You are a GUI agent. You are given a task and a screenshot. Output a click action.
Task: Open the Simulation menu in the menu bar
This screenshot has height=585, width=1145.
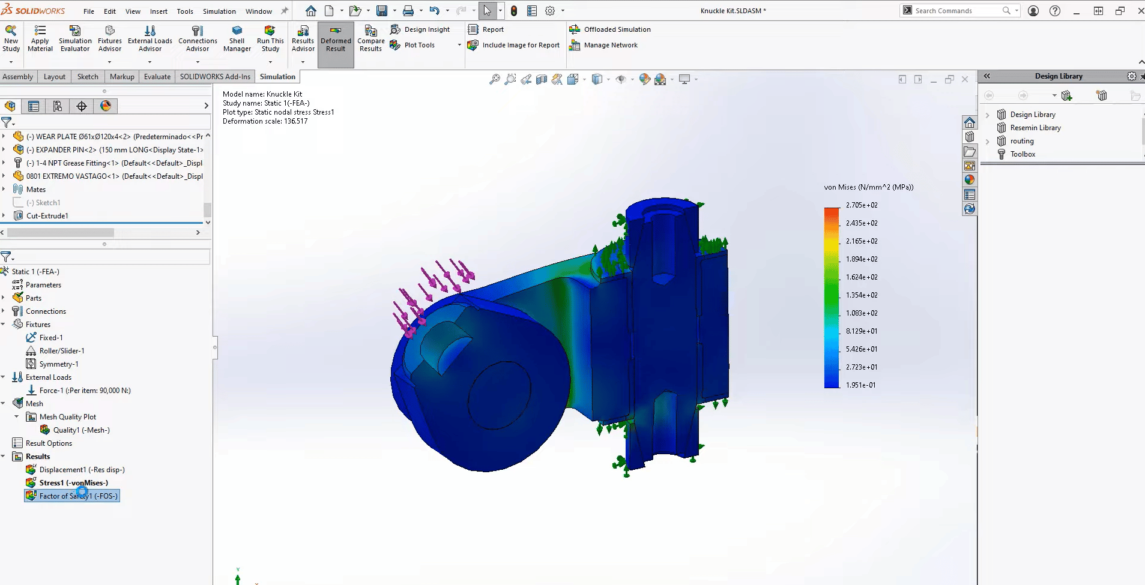[x=219, y=11]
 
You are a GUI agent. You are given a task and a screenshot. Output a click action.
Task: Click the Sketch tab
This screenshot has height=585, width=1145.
[x=88, y=77]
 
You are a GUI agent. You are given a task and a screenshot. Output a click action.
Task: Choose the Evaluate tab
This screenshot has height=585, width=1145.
[x=157, y=77]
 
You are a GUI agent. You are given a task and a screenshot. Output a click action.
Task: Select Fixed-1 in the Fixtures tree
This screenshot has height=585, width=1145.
[x=50, y=338]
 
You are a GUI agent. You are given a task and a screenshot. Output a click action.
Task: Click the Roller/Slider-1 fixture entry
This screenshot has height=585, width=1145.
[x=61, y=351]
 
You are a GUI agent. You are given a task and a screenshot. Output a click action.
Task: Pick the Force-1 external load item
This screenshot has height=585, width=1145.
[x=85, y=391]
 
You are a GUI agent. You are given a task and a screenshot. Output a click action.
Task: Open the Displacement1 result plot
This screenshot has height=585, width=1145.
[x=82, y=470]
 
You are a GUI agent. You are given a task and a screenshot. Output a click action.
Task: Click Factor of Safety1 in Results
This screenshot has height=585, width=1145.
[x=78, y=496]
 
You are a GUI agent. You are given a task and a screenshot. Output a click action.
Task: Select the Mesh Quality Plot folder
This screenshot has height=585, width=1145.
[x=67, y=417]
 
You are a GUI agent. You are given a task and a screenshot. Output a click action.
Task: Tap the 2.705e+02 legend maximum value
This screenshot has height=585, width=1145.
[x=862, y=205]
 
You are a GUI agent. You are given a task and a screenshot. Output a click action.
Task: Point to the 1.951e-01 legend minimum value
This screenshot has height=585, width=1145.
[x=860, y=385]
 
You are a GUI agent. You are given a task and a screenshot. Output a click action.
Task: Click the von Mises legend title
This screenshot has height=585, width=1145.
[x=868, y=187]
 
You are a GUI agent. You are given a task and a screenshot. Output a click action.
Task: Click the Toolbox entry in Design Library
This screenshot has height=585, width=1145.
[x=1023, y=154]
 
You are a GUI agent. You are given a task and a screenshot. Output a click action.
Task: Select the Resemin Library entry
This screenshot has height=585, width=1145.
[x=1035, y=128]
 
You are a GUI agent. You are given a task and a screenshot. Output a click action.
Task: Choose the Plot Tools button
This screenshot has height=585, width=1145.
[x=419, y=45]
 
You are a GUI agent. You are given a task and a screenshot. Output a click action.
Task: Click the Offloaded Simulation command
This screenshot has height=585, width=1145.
[x=617, y=29]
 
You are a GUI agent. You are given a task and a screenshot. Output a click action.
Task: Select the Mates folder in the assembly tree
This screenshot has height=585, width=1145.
[x=36, y=190]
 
